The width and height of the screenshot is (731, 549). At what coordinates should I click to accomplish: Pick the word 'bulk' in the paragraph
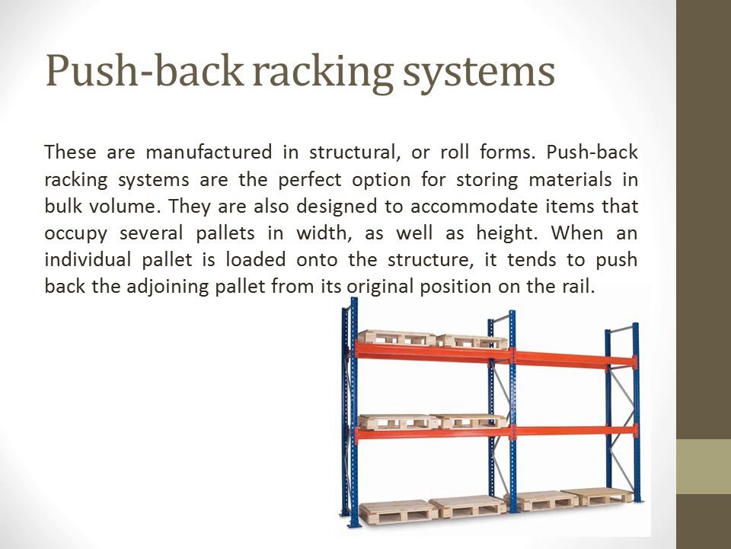coord(61,206)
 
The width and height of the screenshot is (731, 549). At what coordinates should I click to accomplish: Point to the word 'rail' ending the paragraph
coord(578,287)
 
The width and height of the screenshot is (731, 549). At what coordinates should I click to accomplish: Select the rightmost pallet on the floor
coord(597,496)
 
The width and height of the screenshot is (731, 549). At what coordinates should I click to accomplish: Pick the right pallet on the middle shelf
coord(469,421)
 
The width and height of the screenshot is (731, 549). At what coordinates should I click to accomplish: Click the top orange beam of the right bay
coord(576,358)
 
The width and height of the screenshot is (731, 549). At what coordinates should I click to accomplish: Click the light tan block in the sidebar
coord(704,466)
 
